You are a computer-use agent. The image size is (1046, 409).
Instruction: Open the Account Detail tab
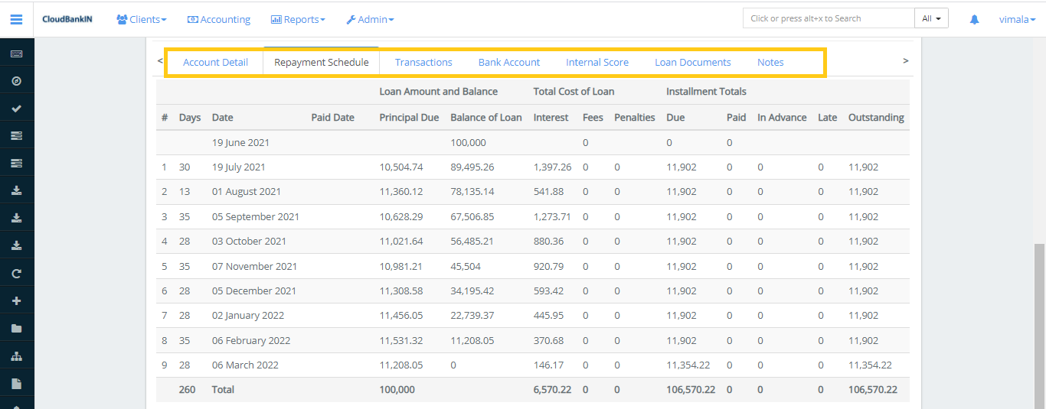point(215,63)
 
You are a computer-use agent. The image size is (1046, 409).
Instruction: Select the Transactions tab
point(423,63)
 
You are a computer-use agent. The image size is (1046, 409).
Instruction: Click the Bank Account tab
point(509,63)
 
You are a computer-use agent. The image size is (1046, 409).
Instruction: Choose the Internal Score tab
point(597,63)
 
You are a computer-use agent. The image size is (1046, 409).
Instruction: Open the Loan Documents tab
point(692,63)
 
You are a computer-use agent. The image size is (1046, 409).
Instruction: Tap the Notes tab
point(770,63)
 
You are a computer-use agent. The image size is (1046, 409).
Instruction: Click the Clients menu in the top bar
point(142,19)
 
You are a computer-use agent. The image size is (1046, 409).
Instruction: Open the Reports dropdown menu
point(298,19)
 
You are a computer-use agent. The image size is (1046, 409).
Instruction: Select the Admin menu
point(370,19)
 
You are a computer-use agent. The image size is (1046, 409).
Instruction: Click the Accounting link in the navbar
point(219,19)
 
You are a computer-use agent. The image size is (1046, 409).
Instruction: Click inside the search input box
point(828,18)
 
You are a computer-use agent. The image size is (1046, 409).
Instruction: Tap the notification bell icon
point(974,19)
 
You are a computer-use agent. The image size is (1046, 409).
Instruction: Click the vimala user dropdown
point(1017,19)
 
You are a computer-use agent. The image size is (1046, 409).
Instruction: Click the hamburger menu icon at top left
point(16,19)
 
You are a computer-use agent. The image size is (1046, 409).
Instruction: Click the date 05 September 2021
point(256,216)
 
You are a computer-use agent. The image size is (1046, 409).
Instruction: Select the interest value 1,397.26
point(552,167)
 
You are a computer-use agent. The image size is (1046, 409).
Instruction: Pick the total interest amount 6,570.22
point(552,389)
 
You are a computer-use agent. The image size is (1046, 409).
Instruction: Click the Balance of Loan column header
point(485,118)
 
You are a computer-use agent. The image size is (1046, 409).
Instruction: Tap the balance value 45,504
point(466,266)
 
